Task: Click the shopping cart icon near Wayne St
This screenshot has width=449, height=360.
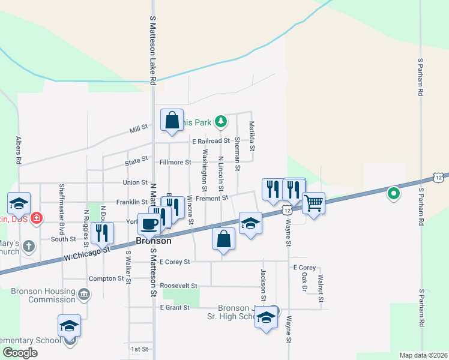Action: coord(313,203)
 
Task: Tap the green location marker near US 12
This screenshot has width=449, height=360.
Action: coord(394,193)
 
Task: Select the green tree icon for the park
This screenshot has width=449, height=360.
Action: coord(221,122)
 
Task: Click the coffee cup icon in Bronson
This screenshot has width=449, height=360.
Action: coord(149,224)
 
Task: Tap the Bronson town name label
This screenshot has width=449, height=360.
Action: coord(154,241)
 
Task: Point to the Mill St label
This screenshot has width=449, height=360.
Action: coord(139,130)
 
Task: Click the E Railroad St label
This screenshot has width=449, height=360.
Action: coord(211,141)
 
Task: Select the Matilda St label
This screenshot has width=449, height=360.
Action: coord(253,136)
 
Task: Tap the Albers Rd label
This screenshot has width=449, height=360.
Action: coord(19,150)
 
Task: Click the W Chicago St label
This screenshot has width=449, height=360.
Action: coord(87,253)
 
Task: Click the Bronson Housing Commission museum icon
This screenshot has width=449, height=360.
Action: coord(85,294)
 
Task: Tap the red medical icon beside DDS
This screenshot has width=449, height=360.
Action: coord(37,217)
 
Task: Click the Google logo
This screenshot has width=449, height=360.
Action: coord(20,353)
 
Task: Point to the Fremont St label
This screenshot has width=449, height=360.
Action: coord(213,197)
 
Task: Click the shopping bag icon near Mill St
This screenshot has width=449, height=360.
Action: coord(172,119)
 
